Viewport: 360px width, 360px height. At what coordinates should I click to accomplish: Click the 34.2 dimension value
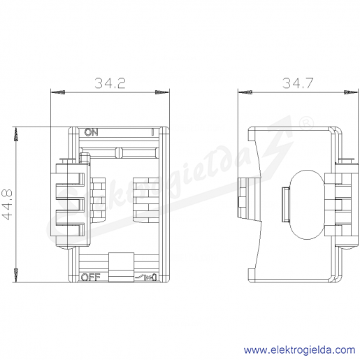click(110, 83)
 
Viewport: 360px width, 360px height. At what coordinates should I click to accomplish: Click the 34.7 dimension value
click(298, 83)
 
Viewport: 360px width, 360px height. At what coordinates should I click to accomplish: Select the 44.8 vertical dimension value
click(7, 204)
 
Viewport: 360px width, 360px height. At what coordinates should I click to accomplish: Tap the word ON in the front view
click(91, 132)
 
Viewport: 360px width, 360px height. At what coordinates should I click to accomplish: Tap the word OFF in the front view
click(90, 278)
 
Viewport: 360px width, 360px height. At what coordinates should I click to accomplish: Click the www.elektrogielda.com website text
click(299, 350)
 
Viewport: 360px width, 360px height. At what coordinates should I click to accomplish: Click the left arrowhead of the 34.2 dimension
click(58, 92)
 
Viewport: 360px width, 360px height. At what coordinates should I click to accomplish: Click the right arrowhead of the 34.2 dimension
click(162, 92)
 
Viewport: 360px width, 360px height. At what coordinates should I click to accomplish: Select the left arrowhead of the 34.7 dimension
click(245, 92)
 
